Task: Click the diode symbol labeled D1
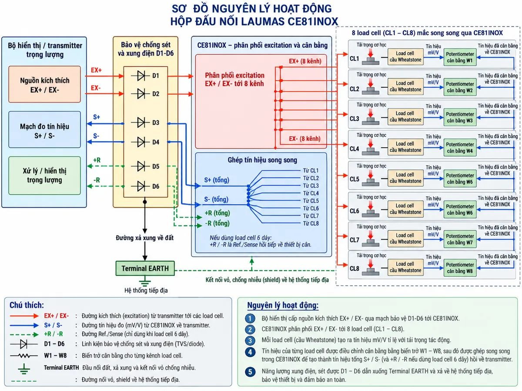point(141,76)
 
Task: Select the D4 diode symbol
point(141,142)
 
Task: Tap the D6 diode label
point(156,186)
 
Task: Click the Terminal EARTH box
point(145,268)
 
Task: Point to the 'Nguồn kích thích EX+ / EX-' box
point(45,84)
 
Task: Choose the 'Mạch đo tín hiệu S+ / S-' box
point(45,129)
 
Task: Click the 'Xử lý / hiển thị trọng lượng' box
point(45,176)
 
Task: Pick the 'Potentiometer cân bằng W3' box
point(460,117)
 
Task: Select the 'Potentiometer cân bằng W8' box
point(460,268)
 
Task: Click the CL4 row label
point(355,149)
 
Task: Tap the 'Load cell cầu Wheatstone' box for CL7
point(405,239)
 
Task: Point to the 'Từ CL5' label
point(311,201)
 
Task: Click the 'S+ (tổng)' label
point(217,180)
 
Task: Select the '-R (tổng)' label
point(217,223)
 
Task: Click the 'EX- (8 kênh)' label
point(304,139)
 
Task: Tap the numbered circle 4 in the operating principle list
point(250,352)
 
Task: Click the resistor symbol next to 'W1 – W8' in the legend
point(24,356)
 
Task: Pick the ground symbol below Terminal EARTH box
point(145,282)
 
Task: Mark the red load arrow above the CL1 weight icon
point(371,53)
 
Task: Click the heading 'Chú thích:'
point(27,305)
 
